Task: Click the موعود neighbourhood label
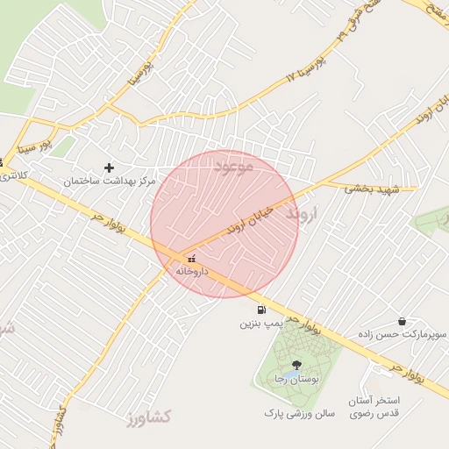pyautogui.click(x=232, y=164)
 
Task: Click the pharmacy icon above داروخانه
pyautogui.click(x=191, y=259)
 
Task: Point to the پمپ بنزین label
pyautogui.click(x=260, y=324)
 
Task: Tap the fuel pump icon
pyautogui.click(x=260, y=310)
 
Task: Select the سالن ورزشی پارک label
pyautogui.click(x=294, y=411)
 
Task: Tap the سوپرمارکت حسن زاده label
pyautogui.click(x=403, y=335)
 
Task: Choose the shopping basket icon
pyautogui.click(x=402, y=322)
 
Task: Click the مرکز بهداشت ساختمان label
pyautogui.click(x=109, y=181)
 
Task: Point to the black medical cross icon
pyautogui.click(x=109, y=167)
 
